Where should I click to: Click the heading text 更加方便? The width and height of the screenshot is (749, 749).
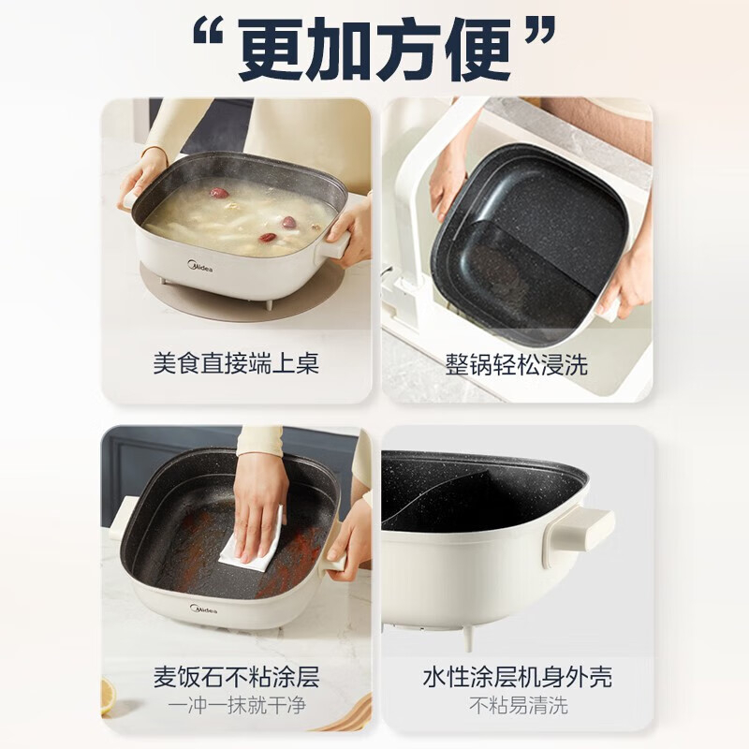point(374,51)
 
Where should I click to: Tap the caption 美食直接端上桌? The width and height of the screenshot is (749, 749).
point(236,364)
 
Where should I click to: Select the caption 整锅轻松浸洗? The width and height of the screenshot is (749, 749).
point(517,364)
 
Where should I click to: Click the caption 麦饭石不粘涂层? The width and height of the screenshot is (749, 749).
point(236,676)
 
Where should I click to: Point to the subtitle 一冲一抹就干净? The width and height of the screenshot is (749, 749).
point(237,705)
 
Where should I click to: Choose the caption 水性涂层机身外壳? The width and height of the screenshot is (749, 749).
point(517,676)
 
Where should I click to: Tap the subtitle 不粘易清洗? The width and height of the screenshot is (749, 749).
point(519,705)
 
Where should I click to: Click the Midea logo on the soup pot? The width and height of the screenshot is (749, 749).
point(200,266)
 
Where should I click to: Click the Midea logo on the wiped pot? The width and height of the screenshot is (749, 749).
point(203,609)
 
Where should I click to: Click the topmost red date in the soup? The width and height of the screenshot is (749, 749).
point(220,193)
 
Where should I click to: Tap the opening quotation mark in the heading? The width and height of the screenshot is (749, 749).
point(209,33)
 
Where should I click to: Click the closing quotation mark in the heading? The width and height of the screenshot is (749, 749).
point(540,32)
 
